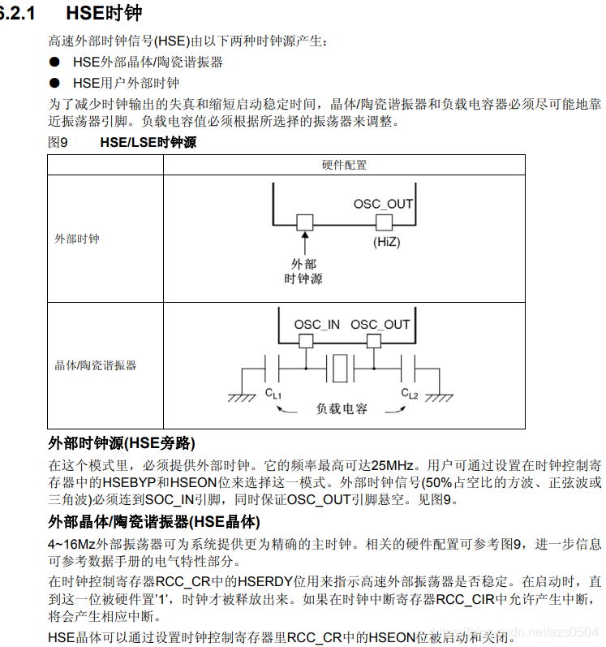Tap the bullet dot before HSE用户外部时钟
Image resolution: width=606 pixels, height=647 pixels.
coord(54,82)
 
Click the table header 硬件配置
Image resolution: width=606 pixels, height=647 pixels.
coord(344,165)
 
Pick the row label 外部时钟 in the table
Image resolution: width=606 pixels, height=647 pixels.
coord(77,239)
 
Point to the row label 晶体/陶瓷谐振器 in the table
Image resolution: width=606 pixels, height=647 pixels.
coord(95,365)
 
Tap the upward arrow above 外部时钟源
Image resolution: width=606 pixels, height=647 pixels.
coord(305,240)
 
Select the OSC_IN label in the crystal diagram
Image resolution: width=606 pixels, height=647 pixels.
coord(316,325)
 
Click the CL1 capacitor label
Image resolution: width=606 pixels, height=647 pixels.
coord(273,394)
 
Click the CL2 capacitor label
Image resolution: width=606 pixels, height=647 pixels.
coord(410,394)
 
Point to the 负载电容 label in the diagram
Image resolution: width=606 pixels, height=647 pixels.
coord(342,408)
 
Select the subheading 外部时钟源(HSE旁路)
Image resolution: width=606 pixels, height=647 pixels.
coord(122,442)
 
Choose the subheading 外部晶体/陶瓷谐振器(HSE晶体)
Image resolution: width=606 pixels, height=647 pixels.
coord(154,521)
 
